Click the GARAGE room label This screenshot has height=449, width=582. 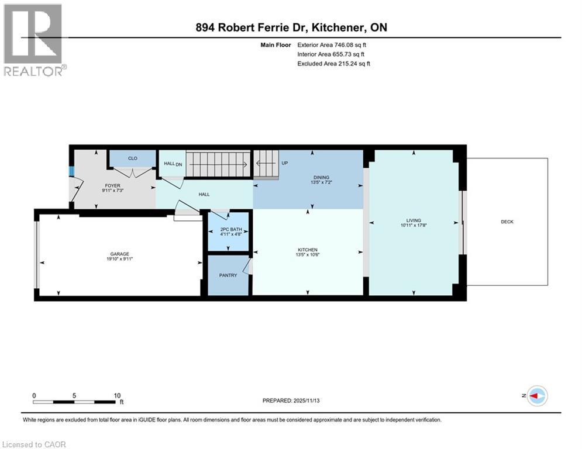[118, 254]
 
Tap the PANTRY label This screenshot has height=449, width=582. [228, 275]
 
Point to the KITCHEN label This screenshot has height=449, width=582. [308, 250]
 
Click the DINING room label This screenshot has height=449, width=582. [321, 177]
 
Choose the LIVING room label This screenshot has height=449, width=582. [413, 220]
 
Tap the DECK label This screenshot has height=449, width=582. [507, 222]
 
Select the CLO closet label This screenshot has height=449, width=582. [132, 158]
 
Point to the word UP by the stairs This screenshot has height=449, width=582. [285, 163]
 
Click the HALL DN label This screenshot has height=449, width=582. [173, 164]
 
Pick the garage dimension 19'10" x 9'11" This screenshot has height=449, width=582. [118, 259]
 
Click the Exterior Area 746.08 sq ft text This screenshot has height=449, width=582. [332, 44]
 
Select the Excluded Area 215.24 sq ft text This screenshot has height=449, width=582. [333, 63]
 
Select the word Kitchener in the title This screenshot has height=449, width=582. [340, 27]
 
